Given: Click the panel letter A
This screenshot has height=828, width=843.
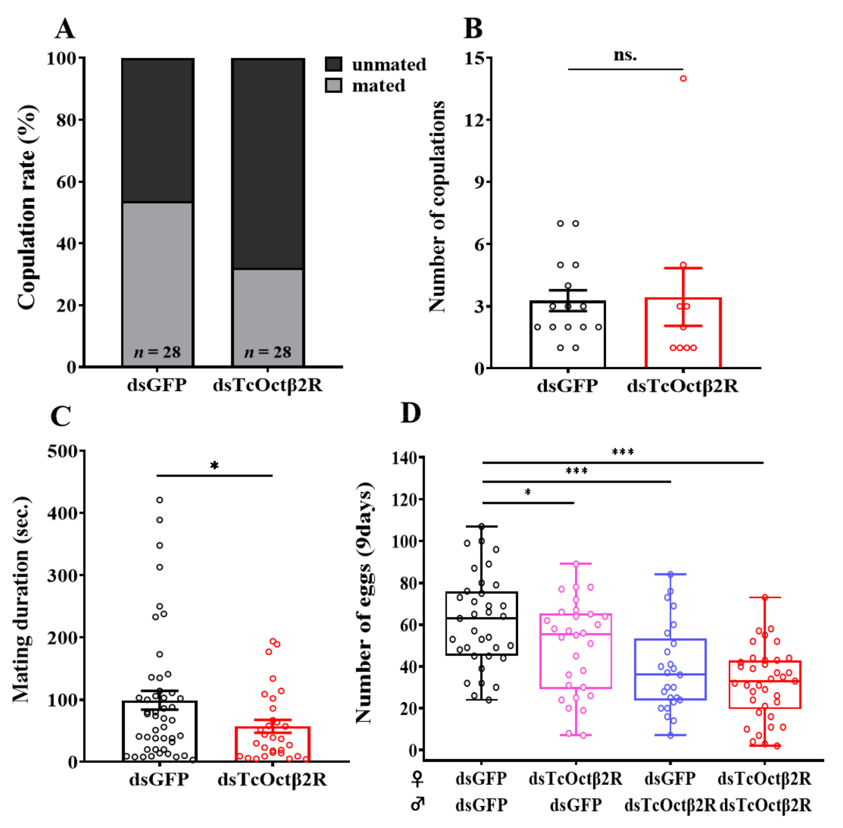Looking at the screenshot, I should [x=65, y=29].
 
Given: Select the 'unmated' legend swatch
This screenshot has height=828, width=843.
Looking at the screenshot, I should [x=333, y=64].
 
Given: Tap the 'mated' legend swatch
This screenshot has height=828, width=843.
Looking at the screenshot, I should [x=333, y=85].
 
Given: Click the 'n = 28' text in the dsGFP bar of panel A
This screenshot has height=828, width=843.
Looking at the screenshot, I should [x=157, y=352].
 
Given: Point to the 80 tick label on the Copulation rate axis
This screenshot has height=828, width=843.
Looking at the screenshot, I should [x=67, y=120].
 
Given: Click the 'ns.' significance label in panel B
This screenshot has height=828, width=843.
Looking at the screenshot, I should [x=625, y=55].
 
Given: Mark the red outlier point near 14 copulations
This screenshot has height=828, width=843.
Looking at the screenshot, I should [x=683, y=79].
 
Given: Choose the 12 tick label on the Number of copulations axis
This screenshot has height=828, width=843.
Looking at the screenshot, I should [x=474, y=120].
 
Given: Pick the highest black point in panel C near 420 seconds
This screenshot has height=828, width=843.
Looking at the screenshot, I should [x=160, y=500].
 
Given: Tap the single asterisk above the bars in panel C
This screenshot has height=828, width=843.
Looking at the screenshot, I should [x=214, y=466].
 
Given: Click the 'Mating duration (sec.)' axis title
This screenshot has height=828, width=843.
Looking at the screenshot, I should [x=22, y=600].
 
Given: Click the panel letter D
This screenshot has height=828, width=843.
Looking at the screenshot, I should [x=410, y=413].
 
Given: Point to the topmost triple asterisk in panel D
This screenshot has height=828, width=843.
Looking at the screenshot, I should [x=622, y=452].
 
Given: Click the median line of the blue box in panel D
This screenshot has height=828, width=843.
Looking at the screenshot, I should [x=670, y=674].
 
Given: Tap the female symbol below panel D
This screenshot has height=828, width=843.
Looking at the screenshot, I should [x=417, y=778].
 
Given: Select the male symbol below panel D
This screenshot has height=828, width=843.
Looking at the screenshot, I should [x=417, y=804].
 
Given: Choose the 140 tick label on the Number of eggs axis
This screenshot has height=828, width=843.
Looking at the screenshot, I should [x=404, y=458].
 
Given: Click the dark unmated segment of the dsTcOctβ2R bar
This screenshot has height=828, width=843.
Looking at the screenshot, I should [x=268, y=164].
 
